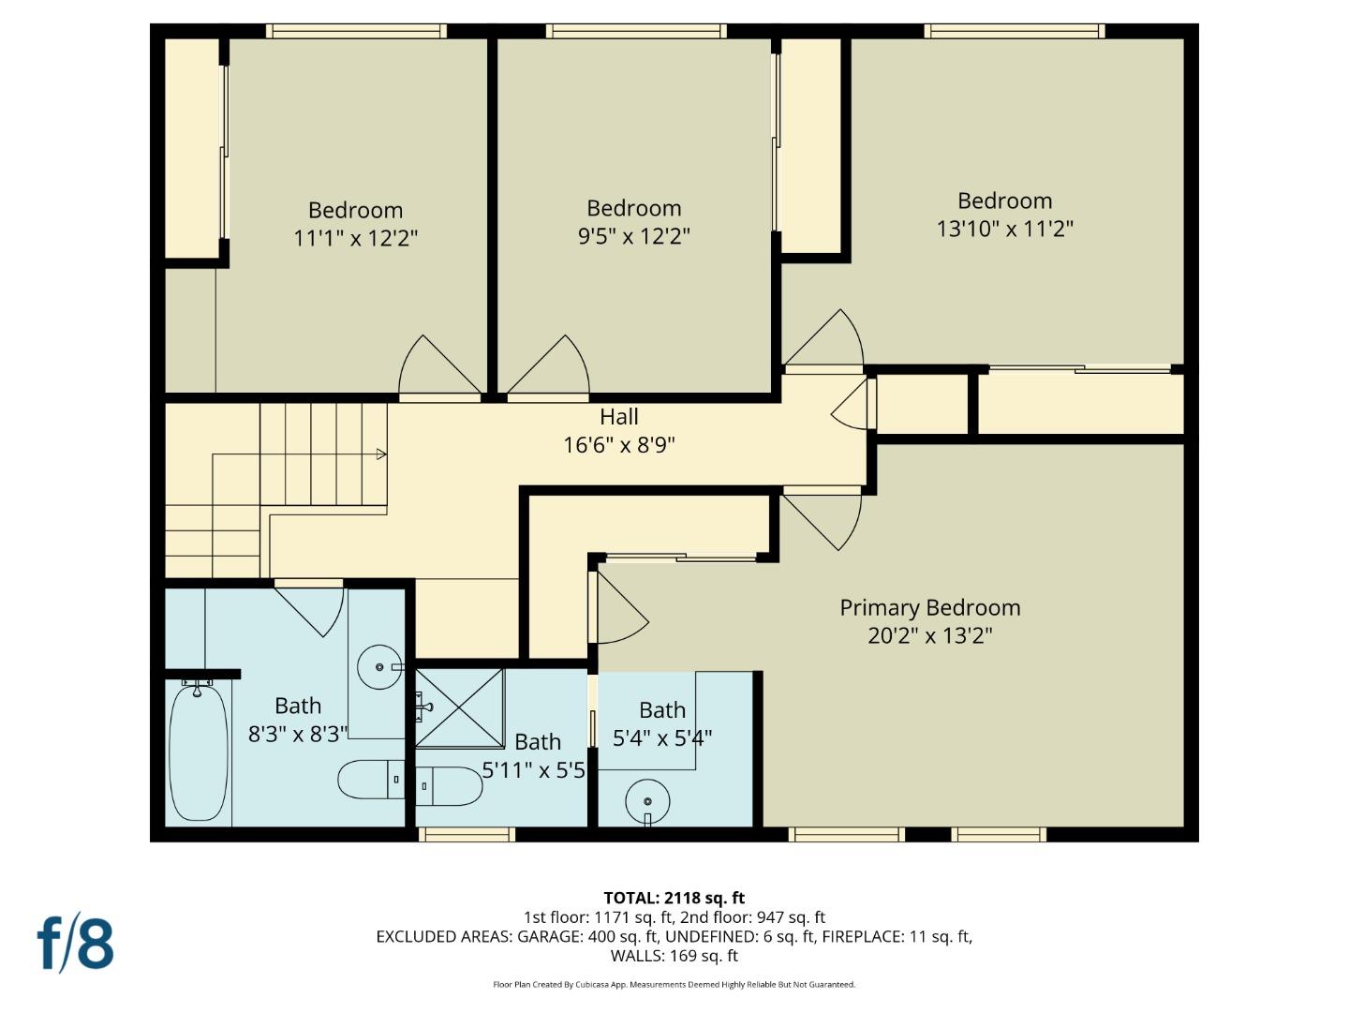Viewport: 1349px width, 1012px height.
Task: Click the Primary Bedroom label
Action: pyautogui.click(x=930, y=608)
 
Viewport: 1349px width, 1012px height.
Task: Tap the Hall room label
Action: pyautogui.click(x=619, y=417)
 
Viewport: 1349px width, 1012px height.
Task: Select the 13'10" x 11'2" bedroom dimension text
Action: pyautogui.click(x=1005, y=229)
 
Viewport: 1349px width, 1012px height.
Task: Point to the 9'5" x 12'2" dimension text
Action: pyautogui.click(x=633, y=235)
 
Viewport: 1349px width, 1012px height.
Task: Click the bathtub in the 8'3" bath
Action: pyautogui.click(x=198, y=753)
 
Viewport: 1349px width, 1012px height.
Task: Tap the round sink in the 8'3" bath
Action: pyautogui.click(x=379, y=666)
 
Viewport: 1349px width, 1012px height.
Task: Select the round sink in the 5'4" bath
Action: pyautogui.click(x=647, y=801)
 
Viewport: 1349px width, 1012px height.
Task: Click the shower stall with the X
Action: pyautogui.click(x=460, y=707)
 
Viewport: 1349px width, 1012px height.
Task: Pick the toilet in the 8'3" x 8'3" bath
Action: pyautogui.click(x=371, y=779)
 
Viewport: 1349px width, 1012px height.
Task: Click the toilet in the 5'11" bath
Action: pyautogui.click(x=450, y=786)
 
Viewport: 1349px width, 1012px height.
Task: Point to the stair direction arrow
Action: pyautogui.click(x=381, y=454)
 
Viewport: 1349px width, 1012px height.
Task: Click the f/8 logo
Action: pyautogui.click(x=76, y=944)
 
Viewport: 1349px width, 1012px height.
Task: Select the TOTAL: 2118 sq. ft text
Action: pyautogui.click(x=674, y=898)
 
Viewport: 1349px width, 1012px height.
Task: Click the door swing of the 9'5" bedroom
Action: pyautogui.click(x=548, y=366)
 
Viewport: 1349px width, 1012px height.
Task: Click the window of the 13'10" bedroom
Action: pyautogui.click(x=1015, y=31)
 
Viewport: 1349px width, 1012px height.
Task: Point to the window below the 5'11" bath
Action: pyautogui.click(x=467, y=834)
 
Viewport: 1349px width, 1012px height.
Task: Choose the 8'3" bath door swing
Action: pyautogui.click(x=308, y=611)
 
